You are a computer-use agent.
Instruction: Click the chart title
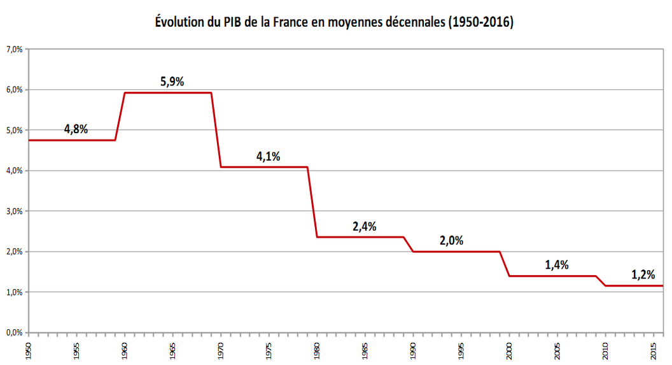tap(335, 22)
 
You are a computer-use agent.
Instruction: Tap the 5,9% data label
tap(172, 82)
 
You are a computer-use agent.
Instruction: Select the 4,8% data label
tap(76, 129)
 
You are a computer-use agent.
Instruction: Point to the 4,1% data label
tap(269, 156)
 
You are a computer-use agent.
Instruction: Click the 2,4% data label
tap(365, 226)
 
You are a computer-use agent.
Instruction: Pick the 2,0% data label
tap(451, 241)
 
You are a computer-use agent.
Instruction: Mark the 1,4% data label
tap(557, 264)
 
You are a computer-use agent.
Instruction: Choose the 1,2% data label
tap(643, 275)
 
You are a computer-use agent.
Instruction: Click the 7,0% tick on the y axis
tap(14, 49)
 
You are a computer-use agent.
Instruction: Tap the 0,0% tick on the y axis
tap(14, 333)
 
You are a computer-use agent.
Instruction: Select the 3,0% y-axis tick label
tap(14, 211)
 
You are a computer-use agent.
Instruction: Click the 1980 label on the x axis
tap(317, 351)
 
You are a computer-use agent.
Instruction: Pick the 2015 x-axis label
tap(654, 351)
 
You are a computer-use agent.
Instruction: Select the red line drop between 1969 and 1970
tap(216, 130)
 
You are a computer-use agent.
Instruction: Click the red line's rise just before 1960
tap(120, 117)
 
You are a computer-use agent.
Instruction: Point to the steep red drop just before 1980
tap(312, 202)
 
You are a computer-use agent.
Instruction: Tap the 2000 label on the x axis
tap(509, 351)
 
